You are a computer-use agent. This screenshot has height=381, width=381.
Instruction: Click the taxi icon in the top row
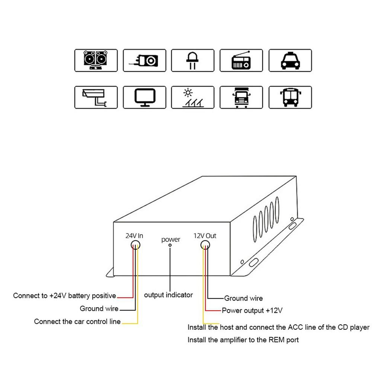tap(290, 60)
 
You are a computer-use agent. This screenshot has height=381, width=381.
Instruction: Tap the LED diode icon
tap(193, 60)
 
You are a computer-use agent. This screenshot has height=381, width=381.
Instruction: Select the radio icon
tap(241, 60)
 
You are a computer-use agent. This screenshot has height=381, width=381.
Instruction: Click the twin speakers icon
tap(96, 60)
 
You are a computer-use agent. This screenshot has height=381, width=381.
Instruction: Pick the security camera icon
tap(96, 97)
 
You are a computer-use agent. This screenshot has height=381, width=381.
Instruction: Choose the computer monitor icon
tap(144, 97)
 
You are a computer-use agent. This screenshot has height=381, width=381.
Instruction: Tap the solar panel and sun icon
tap(193, 97)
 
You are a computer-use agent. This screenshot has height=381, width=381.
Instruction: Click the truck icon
tap(241, 97)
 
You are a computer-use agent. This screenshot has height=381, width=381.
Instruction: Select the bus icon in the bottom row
tap(290, 97)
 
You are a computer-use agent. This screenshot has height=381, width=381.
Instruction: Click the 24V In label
tap(134, 236)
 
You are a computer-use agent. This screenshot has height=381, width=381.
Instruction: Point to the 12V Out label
tap(205, 236)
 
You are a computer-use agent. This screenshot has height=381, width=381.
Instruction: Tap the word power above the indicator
tap(171, 239)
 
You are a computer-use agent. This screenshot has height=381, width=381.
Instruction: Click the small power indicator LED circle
tap(170, 245)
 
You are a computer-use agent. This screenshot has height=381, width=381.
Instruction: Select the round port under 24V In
tap(135, 244)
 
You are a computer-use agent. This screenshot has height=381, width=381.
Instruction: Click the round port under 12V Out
tap(205, 244)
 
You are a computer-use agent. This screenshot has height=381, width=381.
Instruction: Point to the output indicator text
tap(168, 295)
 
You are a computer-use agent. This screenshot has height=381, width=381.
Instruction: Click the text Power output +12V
tap(252, 310)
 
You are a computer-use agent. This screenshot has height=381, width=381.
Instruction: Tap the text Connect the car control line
tap(77, 321)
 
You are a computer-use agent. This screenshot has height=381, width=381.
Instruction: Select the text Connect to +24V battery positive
tap(64, 296)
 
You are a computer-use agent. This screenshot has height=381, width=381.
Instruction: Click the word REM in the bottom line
tap(276, 340)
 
